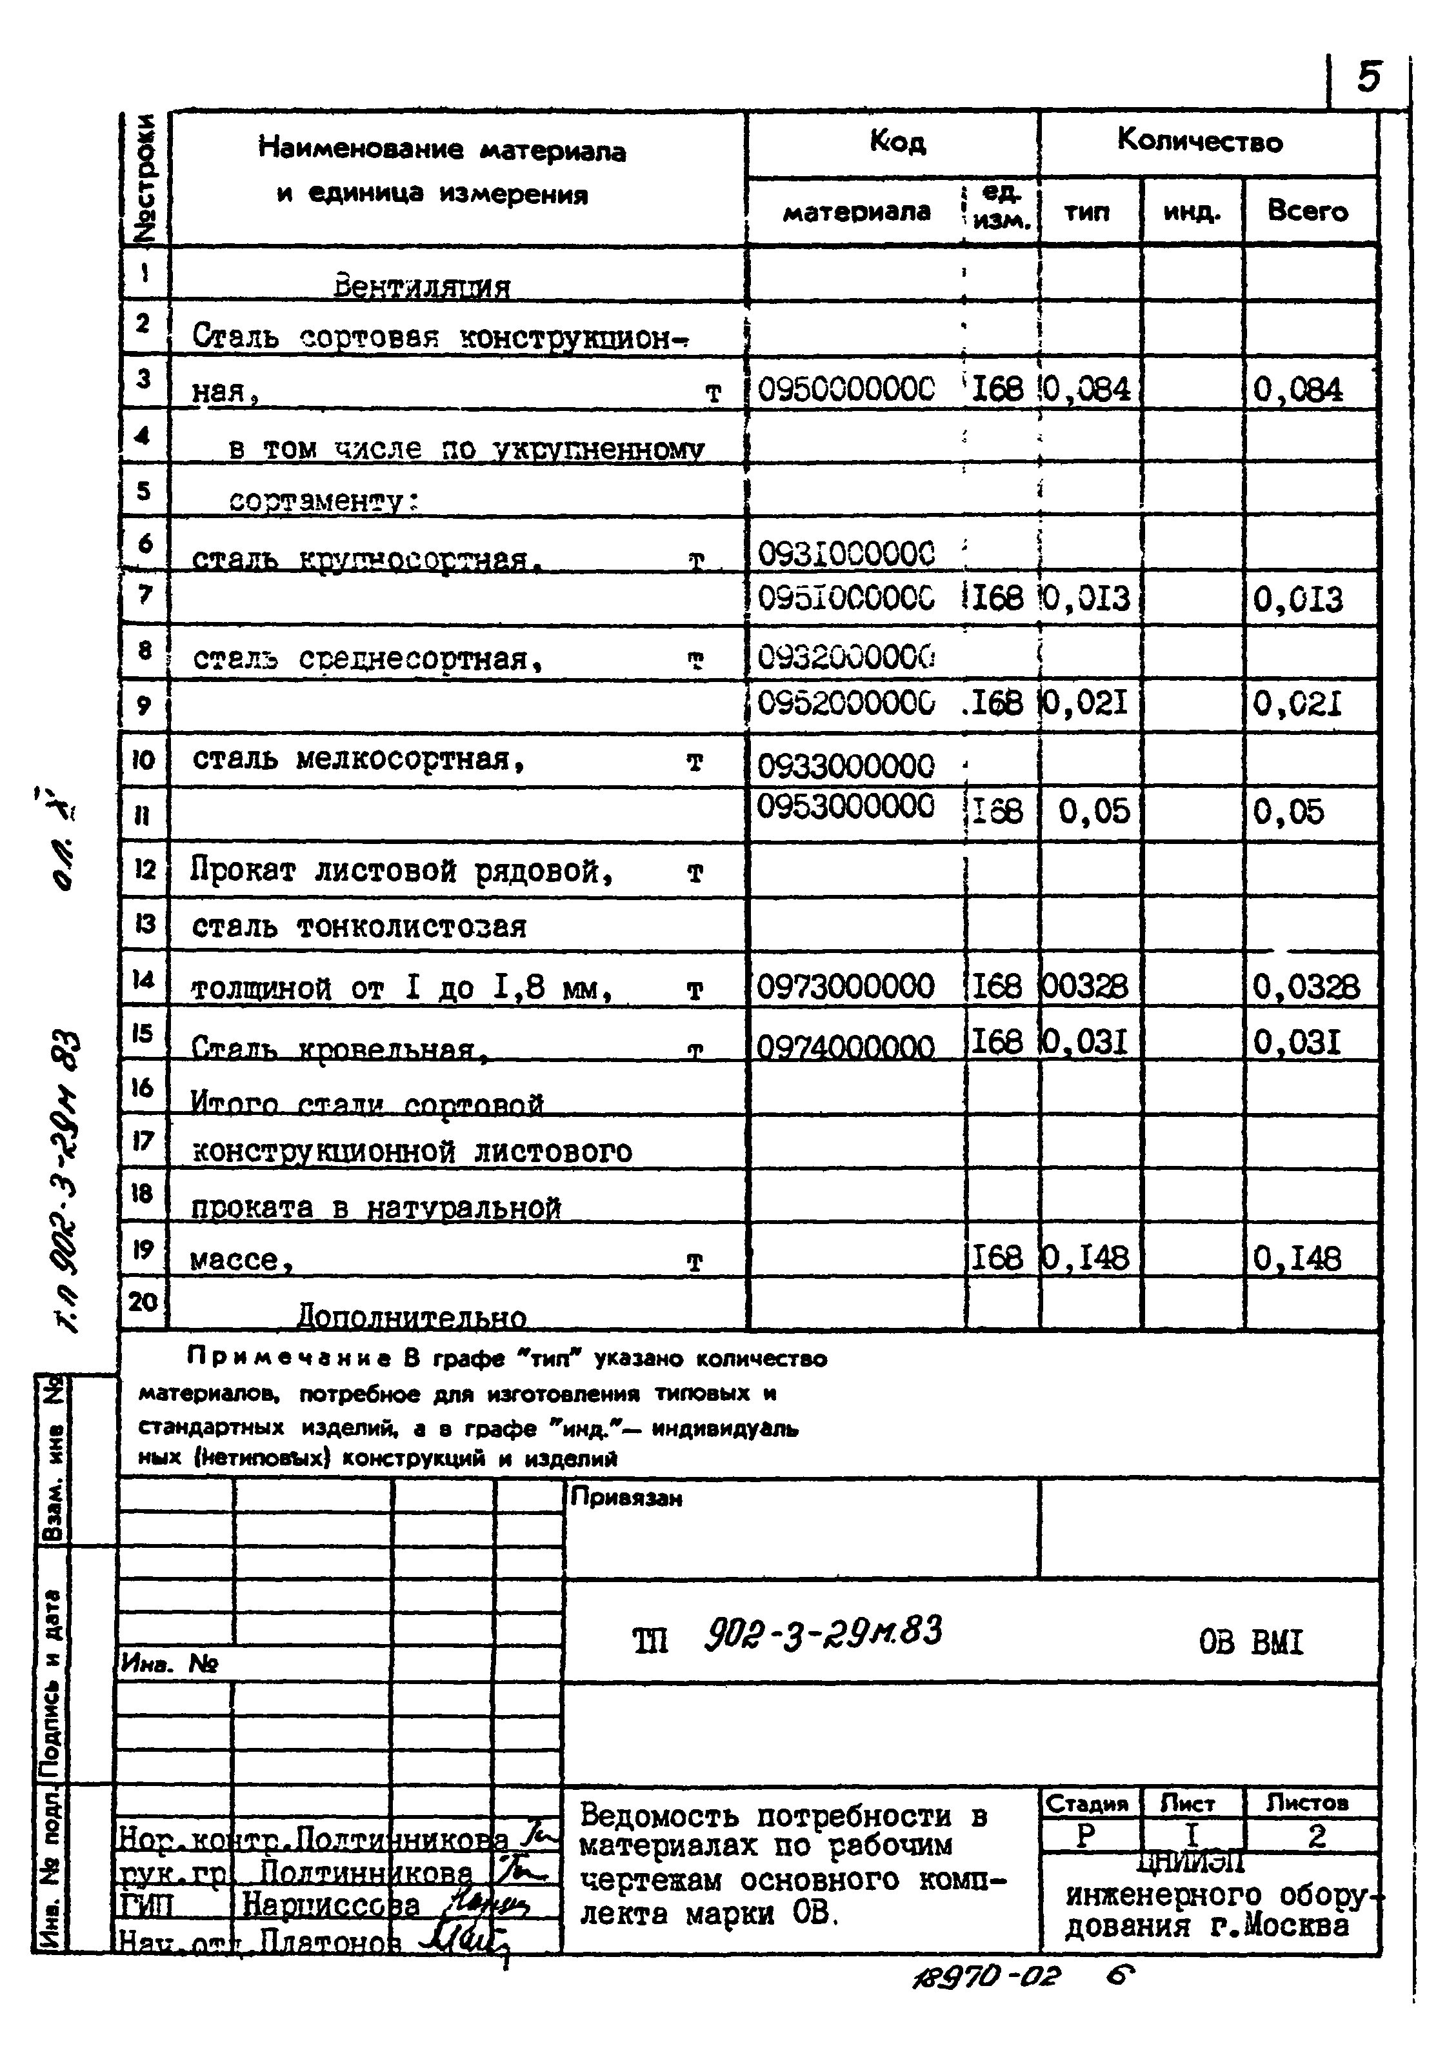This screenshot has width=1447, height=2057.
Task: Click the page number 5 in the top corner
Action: tap(1368, 79)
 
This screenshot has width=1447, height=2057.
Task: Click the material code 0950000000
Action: tap(846, 389)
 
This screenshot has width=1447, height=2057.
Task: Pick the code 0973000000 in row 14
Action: tap(845, 987)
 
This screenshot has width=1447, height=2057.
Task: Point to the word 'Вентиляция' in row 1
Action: tap(421, 286)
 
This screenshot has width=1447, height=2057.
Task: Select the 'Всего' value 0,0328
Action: tap(1306, 987)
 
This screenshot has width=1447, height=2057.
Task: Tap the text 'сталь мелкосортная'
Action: tap(359, 759)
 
